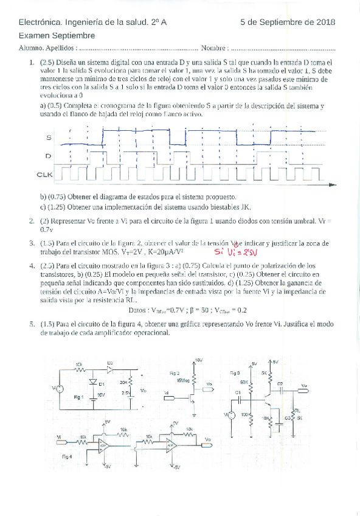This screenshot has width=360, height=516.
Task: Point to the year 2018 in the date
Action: (326, 22)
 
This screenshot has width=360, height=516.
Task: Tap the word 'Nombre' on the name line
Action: (213, 47)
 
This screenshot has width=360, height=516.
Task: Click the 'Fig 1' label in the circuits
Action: (78, 396)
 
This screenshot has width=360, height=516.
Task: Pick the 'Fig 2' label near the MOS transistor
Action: (175, 373)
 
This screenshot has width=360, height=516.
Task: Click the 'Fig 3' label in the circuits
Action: (235, 372)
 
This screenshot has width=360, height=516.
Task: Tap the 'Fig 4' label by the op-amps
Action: (66, 455)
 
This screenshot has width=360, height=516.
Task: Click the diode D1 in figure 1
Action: (93, 383)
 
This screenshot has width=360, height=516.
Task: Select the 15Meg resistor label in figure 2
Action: (183, 380)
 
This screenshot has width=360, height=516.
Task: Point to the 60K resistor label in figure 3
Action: (244, 382)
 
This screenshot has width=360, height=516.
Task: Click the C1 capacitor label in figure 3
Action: (239, 393)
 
